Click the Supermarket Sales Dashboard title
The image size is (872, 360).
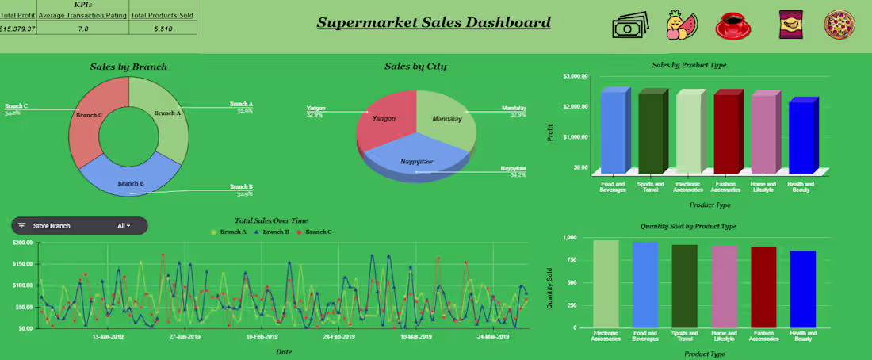434,22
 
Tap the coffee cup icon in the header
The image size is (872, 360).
737,25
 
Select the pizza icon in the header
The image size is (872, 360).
839,25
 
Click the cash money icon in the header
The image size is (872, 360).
630,25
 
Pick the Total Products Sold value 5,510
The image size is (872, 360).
163,28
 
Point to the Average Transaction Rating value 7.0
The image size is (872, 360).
82,28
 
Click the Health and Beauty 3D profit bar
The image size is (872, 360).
801,136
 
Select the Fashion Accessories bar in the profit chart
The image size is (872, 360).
725,132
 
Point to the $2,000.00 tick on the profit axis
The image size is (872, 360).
576,106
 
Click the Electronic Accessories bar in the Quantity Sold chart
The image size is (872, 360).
606,284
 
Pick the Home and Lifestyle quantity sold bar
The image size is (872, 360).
724,286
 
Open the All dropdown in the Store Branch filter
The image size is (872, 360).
123,226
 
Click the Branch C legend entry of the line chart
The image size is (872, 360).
317,232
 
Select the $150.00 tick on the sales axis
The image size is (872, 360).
21,264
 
